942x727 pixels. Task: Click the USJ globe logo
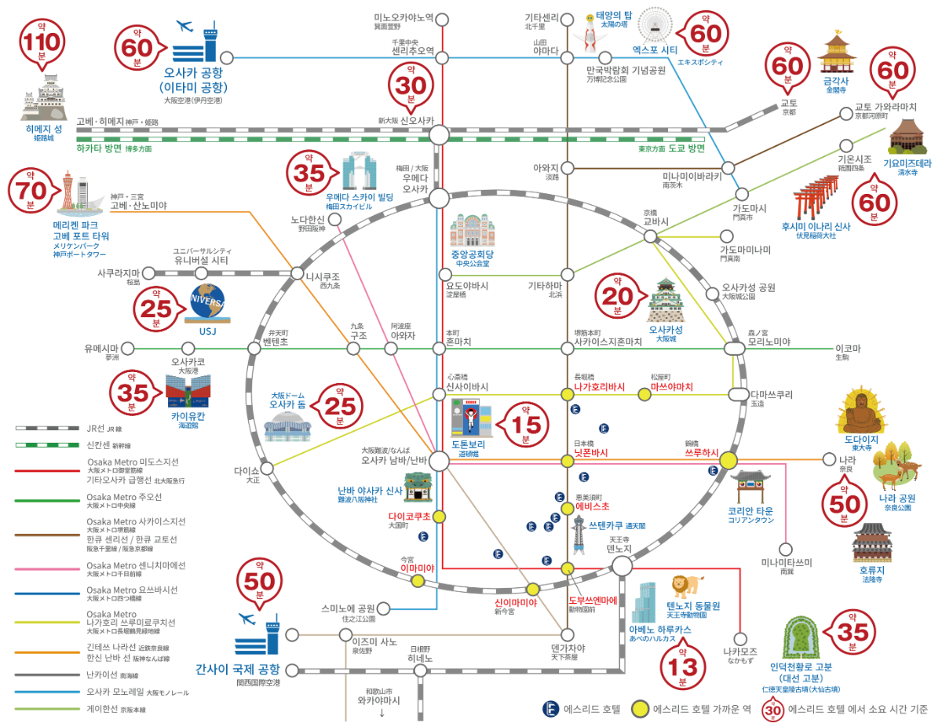click(208, 302)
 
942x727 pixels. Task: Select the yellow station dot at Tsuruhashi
click(728, 461)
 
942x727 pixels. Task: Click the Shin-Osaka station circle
click(440, 136)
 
